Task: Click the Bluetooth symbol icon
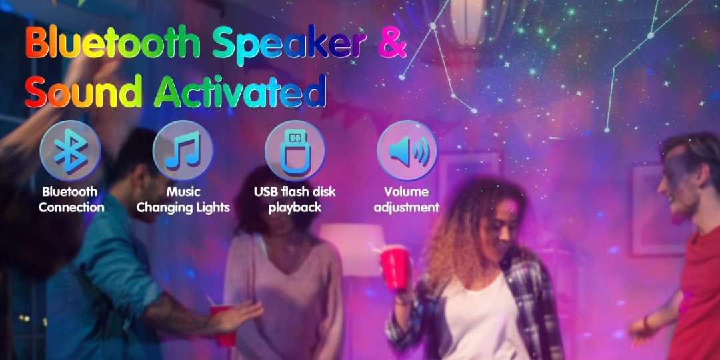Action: (x=70, y=151)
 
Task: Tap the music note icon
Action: (x=182, y=151)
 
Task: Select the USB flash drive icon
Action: (x=295, y=151)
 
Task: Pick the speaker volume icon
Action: (x=407, y=151)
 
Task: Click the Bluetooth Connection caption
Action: (x=71, y=199)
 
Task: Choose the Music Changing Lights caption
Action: (x=183, y=199)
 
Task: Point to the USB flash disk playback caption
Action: (x=295, y=199)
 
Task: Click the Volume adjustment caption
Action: (x=407, y=199)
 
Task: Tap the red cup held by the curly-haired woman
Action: (x=394, y=267)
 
